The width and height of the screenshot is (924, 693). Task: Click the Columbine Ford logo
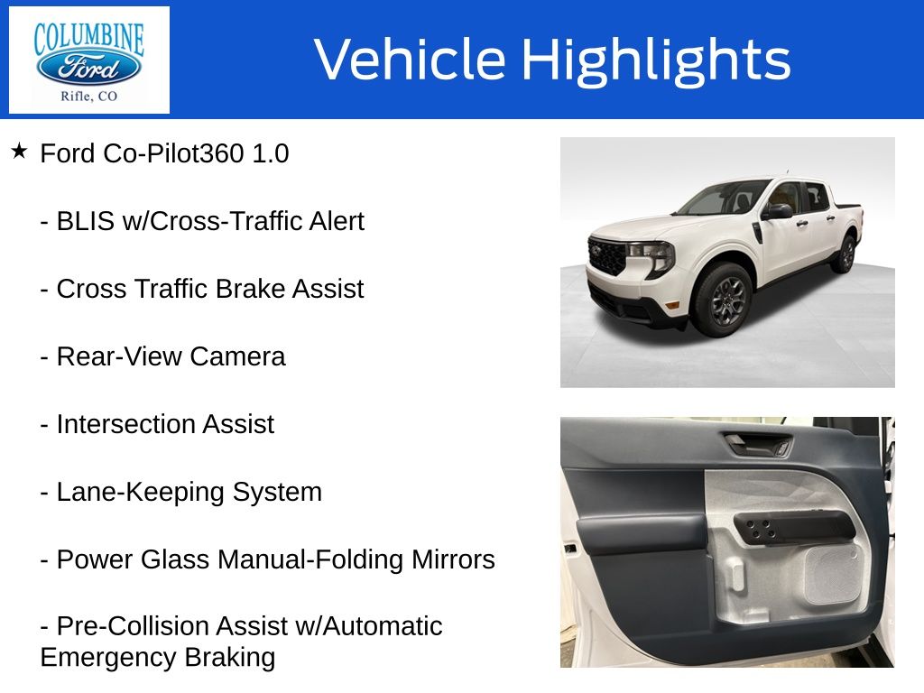click(88, 60)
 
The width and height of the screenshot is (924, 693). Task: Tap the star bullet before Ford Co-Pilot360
click(20, 151)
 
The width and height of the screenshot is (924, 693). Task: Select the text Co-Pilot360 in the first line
click(172, 154)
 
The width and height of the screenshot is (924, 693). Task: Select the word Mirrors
click(452, 560)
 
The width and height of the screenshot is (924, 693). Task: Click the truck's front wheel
click(722, 300)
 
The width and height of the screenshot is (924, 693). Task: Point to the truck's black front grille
click(606, 255)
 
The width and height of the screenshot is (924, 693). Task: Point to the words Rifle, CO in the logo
click(88, 97)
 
